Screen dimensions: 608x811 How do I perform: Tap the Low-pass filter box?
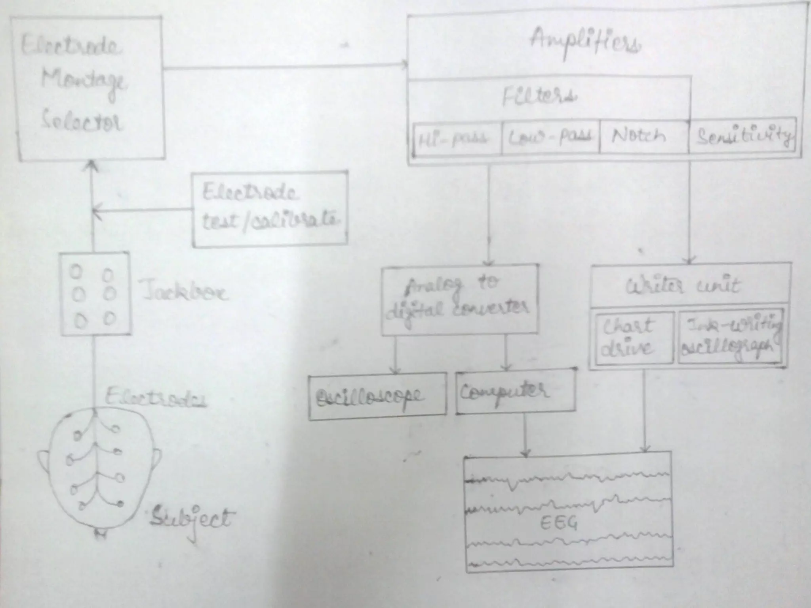click(550, 137)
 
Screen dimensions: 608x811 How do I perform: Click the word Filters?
click(540, 97)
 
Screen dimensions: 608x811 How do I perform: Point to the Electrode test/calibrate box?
click(270, 209)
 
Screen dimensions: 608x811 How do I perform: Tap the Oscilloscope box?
click(377, 395)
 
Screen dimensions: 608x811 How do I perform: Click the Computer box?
click(515, 392)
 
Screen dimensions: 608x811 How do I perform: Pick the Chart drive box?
click(633, 338)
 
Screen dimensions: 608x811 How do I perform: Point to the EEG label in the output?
click(558, 524)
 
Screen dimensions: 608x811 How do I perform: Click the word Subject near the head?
click(190, 519)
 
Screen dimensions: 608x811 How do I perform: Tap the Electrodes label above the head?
click(156, 397)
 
